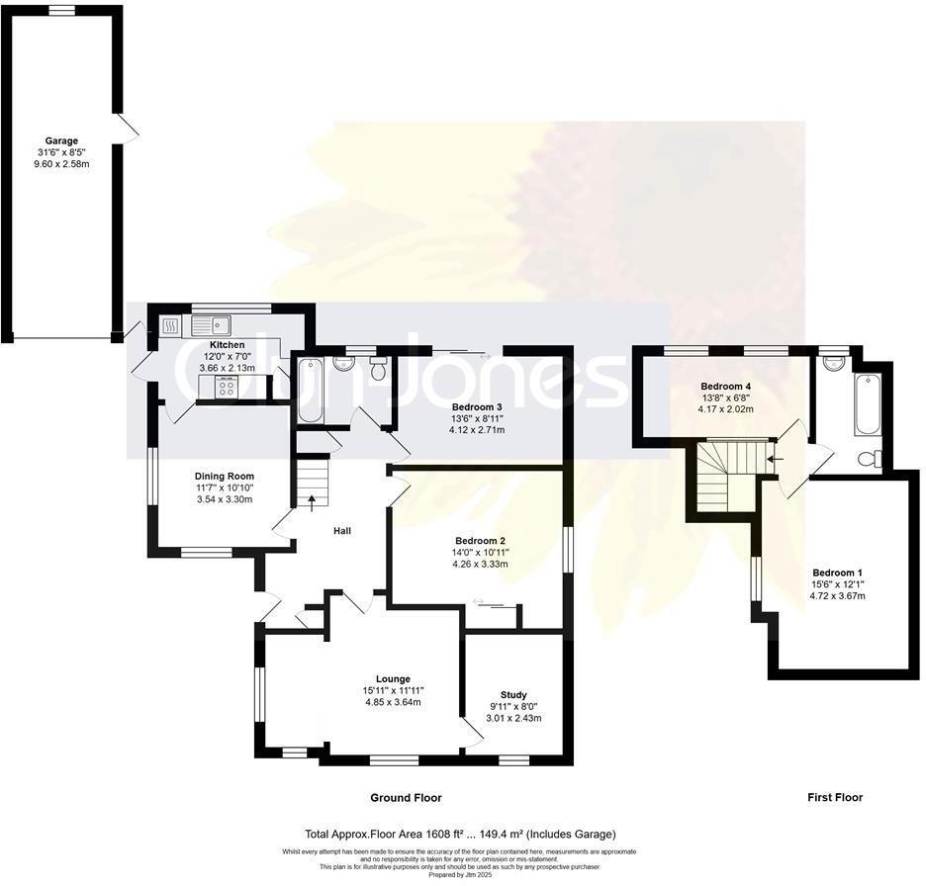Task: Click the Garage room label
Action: (x=61, y=140)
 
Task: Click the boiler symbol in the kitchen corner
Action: (x=168, y=323)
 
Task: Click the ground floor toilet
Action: (x=377, y=368)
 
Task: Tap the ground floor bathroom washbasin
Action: (x=344, y=363)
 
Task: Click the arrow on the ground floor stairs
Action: (x=313, y=499)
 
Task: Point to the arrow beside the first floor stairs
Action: (x=776, y=459)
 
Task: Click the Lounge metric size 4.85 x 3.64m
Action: (x=393, y=702)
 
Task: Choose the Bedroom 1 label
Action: (x=837, y=573)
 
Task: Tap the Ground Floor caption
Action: (x=406, y=797)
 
